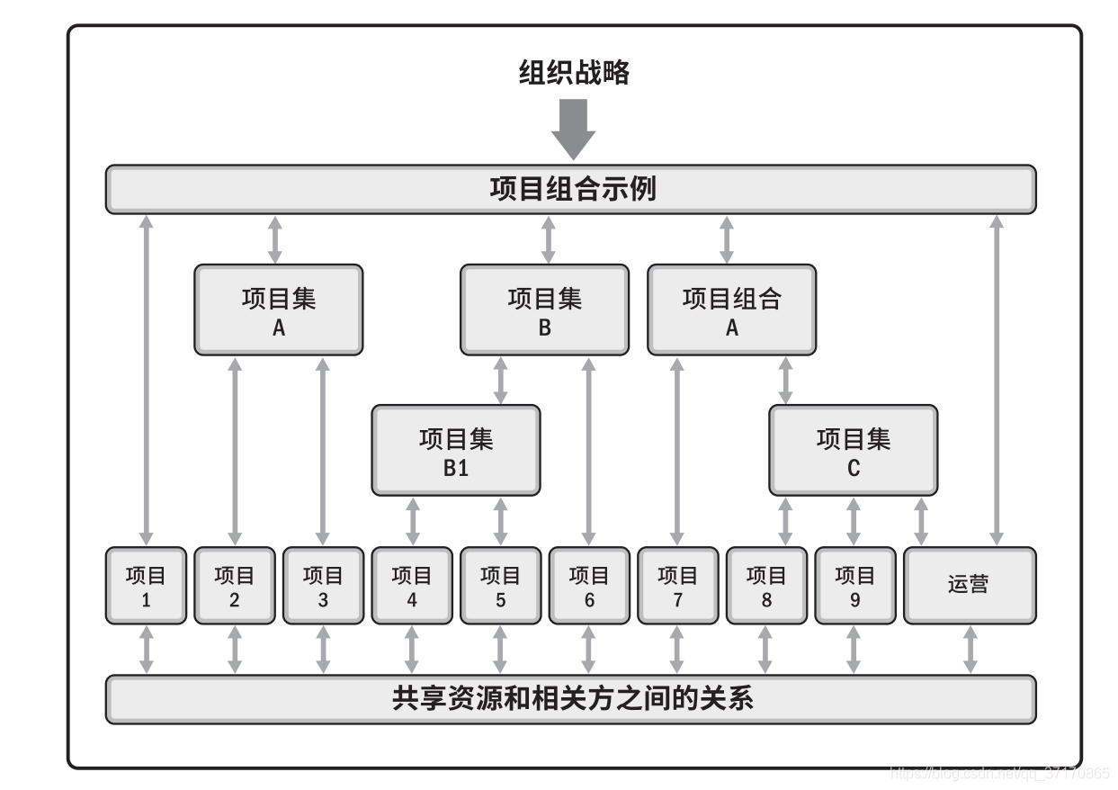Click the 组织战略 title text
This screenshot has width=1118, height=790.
[574, 72]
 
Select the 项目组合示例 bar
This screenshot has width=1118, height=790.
[571, 189]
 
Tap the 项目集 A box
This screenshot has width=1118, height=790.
[279, 310]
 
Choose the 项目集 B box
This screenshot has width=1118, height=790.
[544, 310]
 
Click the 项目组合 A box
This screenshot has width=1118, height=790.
[731, 310]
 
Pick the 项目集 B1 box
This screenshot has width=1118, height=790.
[456, 450]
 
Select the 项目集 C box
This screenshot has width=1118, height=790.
[853, 450]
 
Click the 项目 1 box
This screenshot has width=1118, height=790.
[146, 585]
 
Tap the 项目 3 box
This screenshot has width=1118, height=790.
[323, 585]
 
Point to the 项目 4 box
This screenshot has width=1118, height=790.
[412, 585]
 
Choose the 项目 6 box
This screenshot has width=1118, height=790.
[589, 585]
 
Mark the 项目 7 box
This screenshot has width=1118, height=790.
[677, 585]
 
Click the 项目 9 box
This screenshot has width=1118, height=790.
[854, 585]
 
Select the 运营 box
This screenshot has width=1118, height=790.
[969, 585]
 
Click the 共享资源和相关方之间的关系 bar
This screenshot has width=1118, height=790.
[571, 699]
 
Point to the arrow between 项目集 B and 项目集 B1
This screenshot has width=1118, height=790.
[501, 380]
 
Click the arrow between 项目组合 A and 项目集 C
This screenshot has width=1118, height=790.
[785, 380]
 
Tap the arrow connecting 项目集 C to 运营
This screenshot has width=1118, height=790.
[920, 520]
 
